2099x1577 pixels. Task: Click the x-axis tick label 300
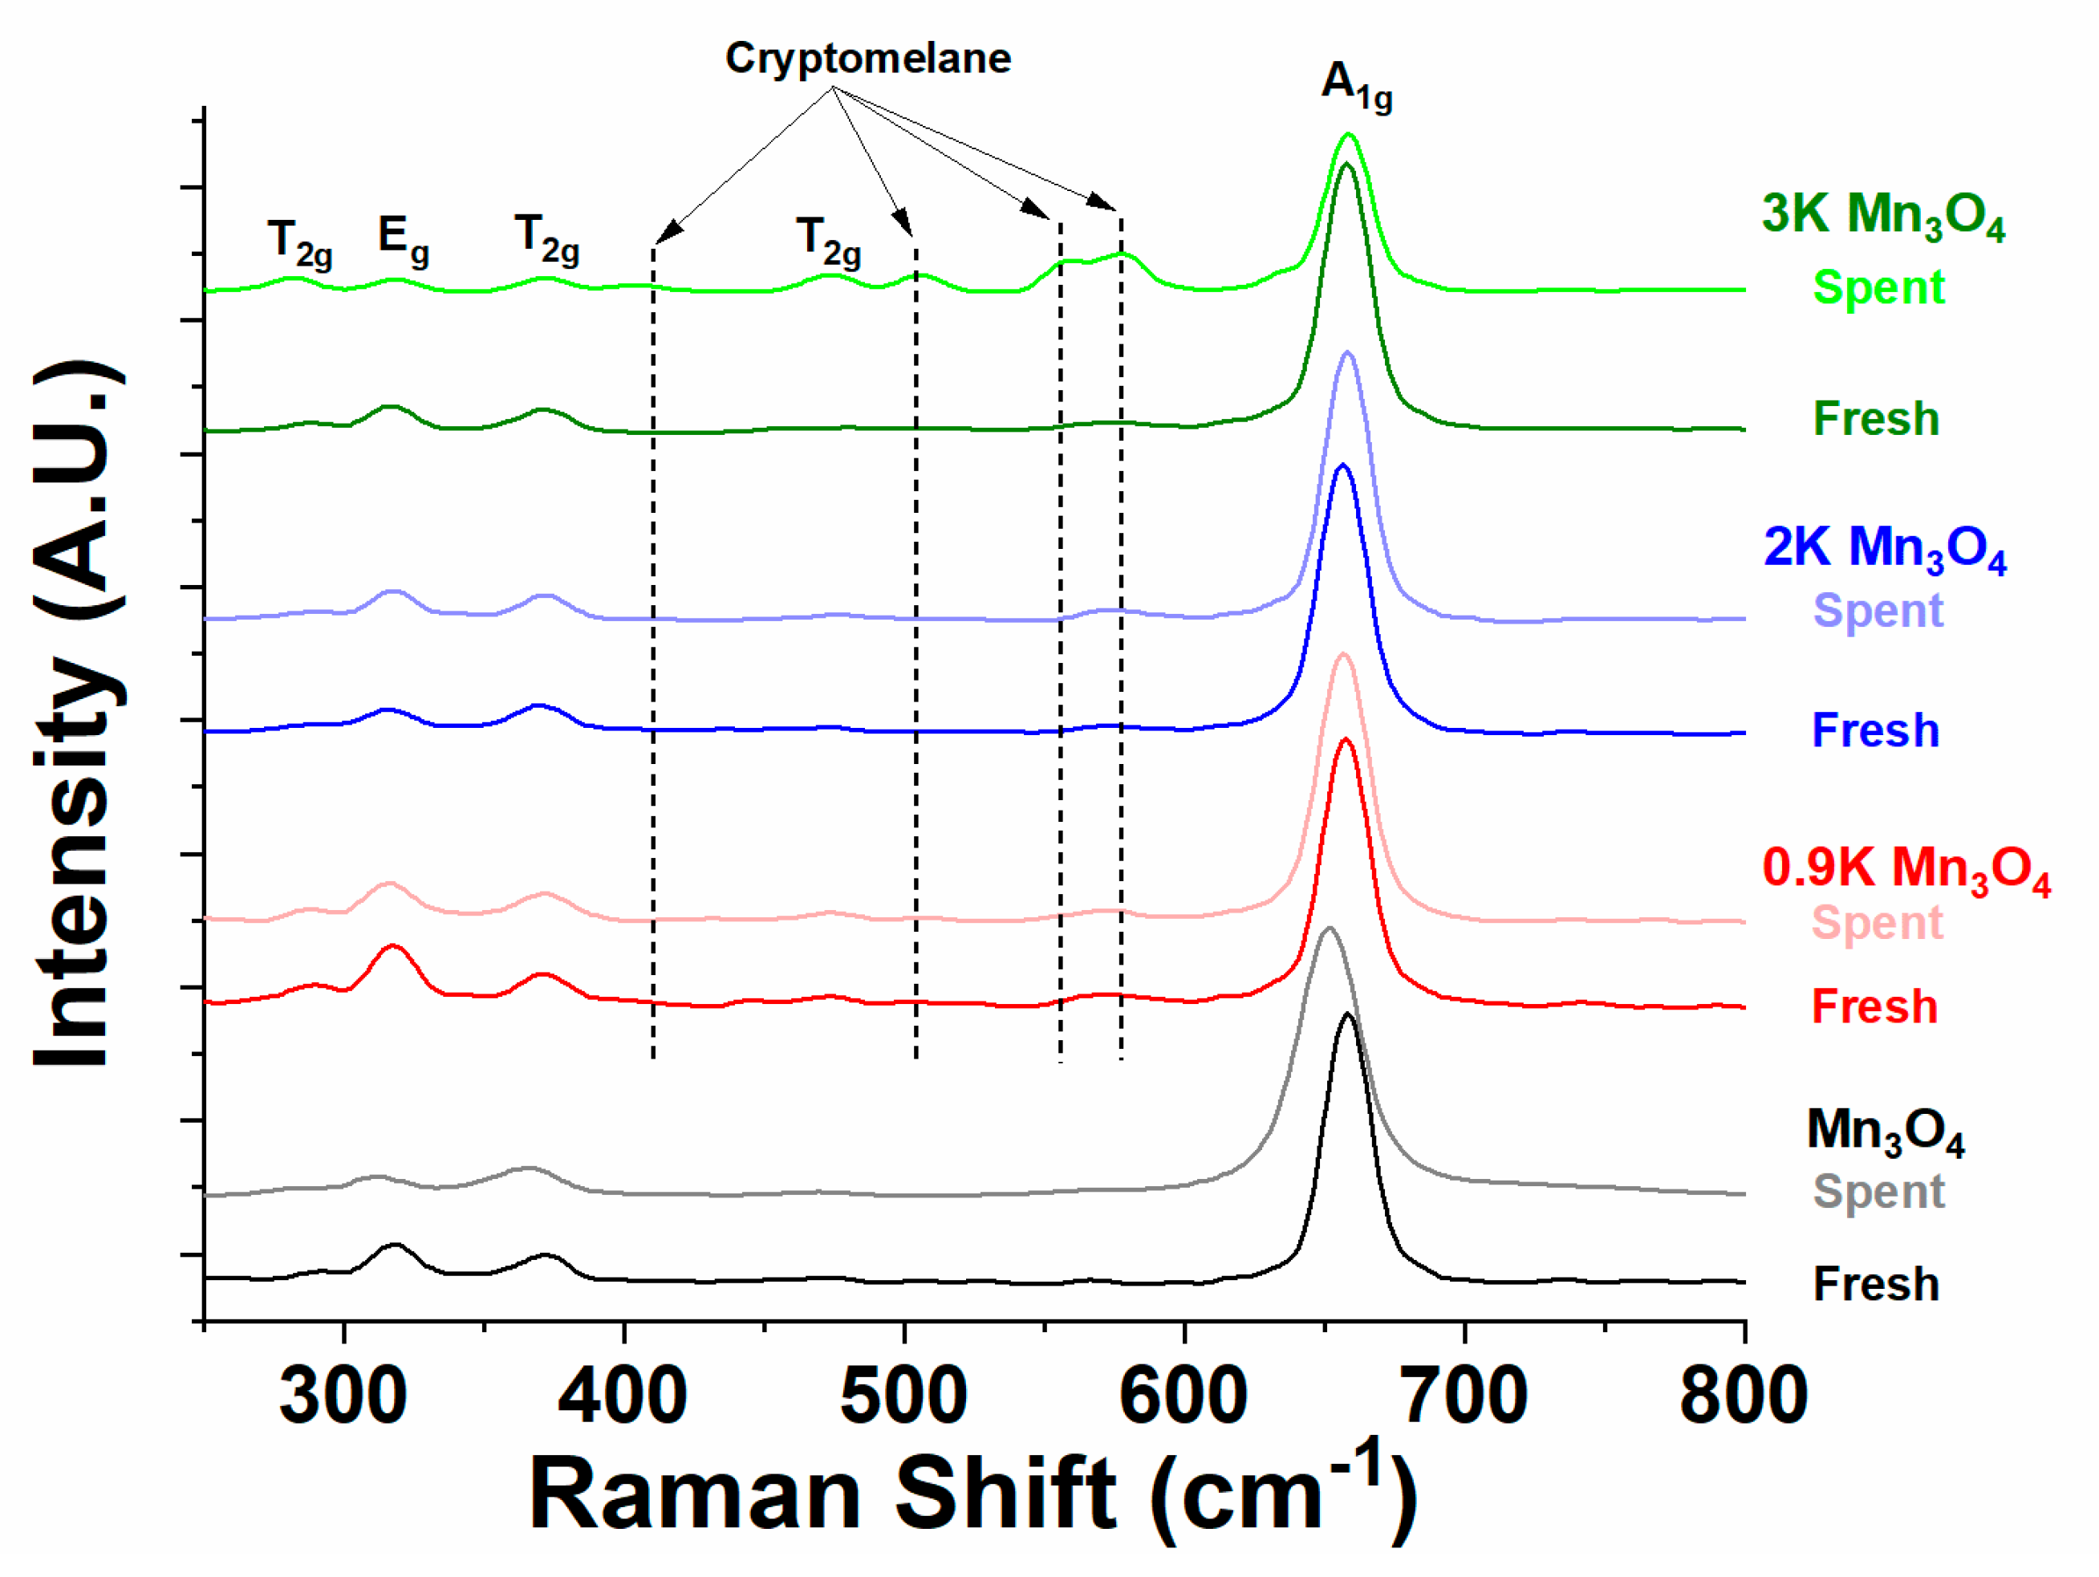tap(343, 1396)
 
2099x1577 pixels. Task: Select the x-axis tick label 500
tap(903, 1396)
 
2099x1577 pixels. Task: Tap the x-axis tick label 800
tap(1744, 1396)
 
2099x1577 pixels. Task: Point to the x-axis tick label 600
tap(1183, 1396)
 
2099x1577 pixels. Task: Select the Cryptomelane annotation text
tap(867, 59)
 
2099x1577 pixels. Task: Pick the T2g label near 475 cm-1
tap(828, 241)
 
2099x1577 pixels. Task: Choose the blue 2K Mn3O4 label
tap(1885, 550)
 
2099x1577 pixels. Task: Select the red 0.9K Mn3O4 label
tap(1906, 869)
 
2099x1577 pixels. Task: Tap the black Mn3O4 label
tap(1885, 1132)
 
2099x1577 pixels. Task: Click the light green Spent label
tap(1878, 287)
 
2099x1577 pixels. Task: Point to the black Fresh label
tap(1875, 1284)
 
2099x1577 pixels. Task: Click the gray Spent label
tap(1878, 1192)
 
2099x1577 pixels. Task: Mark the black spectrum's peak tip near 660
tap(1346, 1014)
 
